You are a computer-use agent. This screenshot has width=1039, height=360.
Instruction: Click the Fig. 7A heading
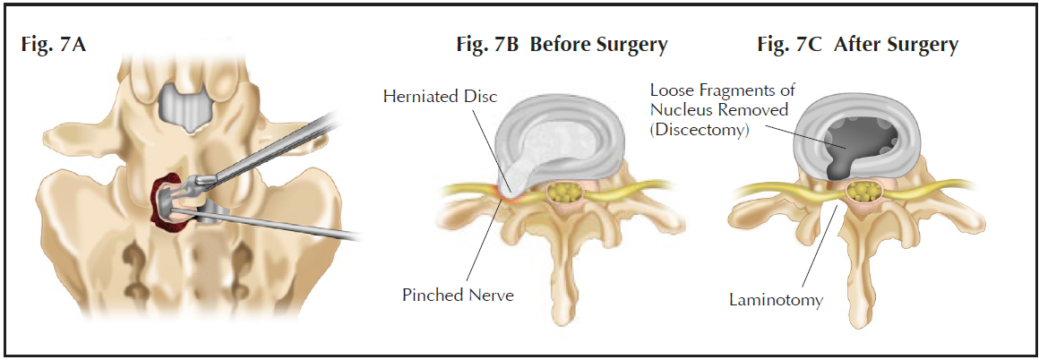click(54, 44)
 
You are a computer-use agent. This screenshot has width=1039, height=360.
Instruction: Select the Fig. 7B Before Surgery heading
click(562, 44)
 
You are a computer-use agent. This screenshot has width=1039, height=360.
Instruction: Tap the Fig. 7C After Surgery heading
click(857, 44)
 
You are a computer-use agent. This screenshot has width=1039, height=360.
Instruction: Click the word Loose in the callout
click(670, 90)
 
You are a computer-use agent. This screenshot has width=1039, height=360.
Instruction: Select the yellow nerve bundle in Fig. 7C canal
click(865, 191)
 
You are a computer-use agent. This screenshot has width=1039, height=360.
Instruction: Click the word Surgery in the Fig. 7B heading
click(635, 44)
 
